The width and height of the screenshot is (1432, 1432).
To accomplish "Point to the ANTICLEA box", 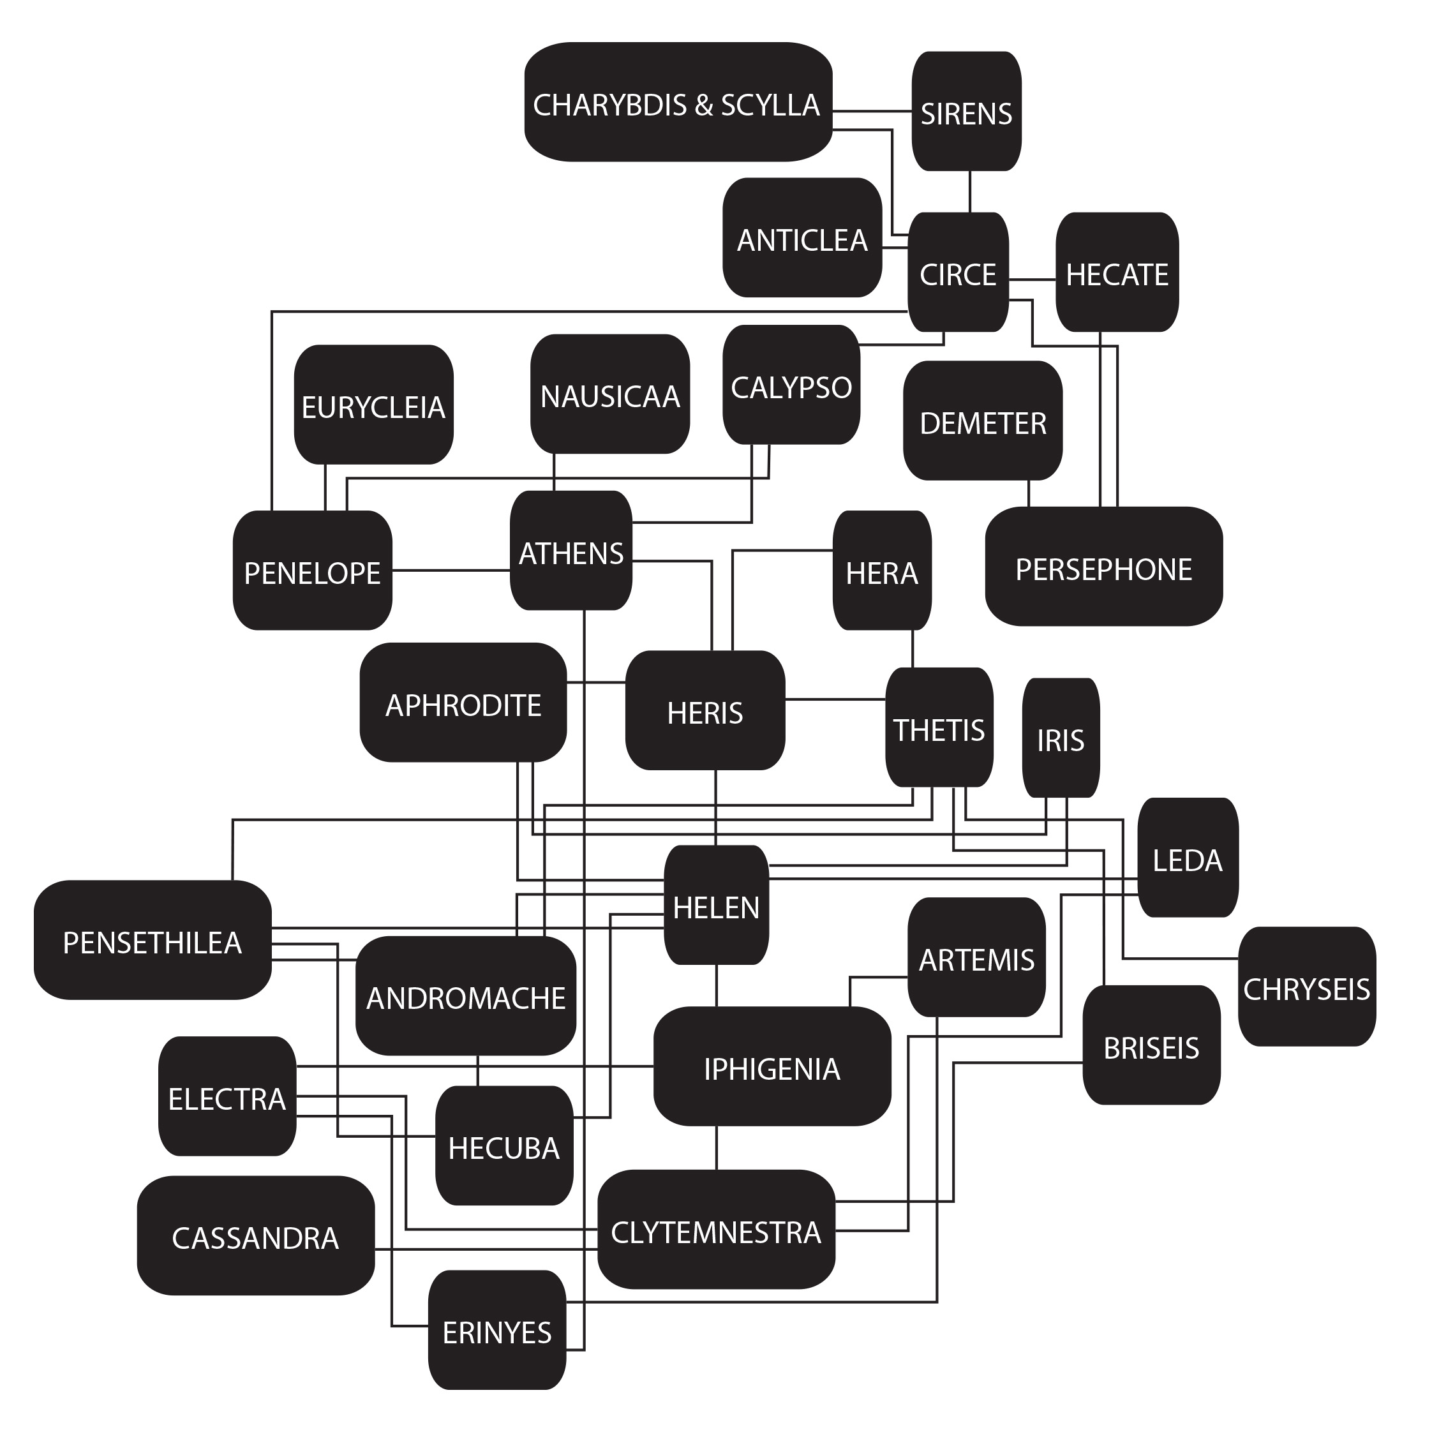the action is tap(802, 238).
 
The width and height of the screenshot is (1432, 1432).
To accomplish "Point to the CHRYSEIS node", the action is tap(1306, 987).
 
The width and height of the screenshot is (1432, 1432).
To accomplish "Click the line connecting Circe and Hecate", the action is tap(1032, 280).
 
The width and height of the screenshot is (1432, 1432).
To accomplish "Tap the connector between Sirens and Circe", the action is tap(969, 191).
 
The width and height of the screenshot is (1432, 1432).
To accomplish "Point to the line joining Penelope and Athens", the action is tap(451, 570).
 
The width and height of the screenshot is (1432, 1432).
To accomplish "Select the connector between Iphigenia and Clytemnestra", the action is tap(716, 1147).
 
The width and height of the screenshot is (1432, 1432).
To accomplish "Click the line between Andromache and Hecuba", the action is tap(477, 1070).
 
